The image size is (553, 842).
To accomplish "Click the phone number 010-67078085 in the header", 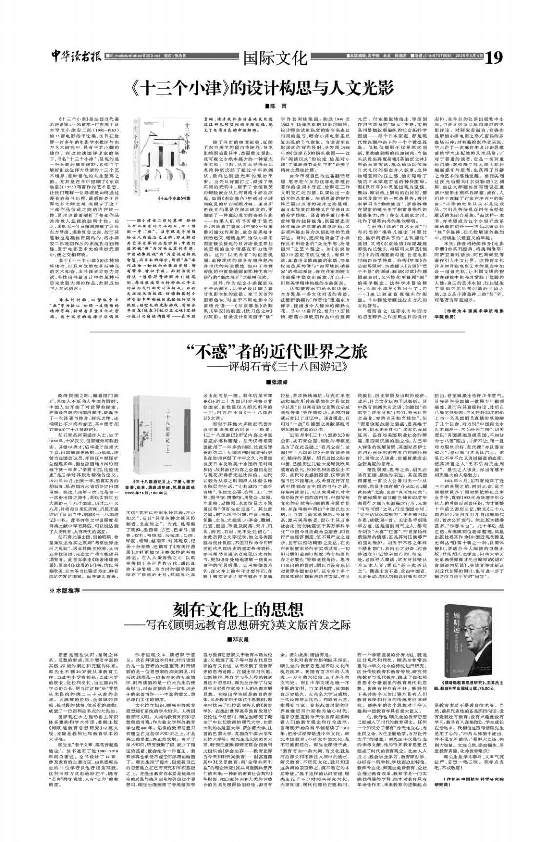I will (430, 56).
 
